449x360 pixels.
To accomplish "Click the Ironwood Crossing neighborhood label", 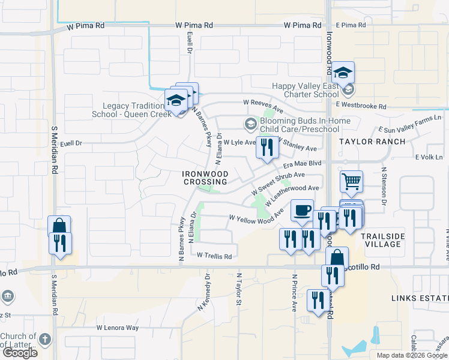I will (x=205, y=178).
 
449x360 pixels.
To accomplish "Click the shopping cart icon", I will (x=351, y=181).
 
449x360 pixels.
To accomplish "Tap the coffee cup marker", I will (x=302, y=210).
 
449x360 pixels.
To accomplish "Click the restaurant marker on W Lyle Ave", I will (x=267, y=147).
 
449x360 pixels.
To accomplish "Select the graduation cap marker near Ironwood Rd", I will (x=343, y=73).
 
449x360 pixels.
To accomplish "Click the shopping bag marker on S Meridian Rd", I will (x=59, y=226).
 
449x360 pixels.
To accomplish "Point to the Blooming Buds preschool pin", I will (x=250, y=124).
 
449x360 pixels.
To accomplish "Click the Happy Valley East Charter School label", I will (x=306, y=90).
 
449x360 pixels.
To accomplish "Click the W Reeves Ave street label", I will (x=262, y=103).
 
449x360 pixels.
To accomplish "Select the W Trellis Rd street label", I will (x=214, y=256).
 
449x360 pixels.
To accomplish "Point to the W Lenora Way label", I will (x=118, y=328).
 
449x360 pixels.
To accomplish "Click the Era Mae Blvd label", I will (x=303, y=163).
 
